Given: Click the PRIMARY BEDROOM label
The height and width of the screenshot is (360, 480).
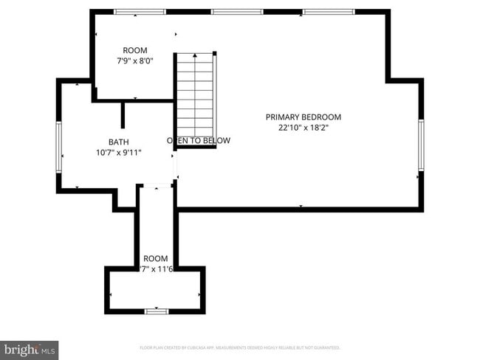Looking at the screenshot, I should click(304, 117).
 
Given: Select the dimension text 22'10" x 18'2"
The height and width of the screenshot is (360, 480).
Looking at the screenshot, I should click(304, 127).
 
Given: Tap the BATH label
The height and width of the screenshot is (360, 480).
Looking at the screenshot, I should click(118, 142).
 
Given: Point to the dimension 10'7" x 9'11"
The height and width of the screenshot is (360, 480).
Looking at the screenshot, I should click(118, 152).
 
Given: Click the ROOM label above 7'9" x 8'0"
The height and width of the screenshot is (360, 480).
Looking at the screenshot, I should click(135, 50).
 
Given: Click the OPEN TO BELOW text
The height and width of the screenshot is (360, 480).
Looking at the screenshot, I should click(199, 140).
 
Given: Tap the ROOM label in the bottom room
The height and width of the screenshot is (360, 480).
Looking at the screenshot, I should click(155, 258).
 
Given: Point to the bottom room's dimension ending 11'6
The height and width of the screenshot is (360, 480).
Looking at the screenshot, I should click(155, 269).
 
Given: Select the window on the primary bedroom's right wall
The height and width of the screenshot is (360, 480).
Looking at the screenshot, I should click(420, 145).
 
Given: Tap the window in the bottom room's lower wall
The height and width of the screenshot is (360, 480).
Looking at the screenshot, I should click(156, 311).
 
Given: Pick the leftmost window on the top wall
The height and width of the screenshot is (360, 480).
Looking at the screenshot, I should click(140, 12).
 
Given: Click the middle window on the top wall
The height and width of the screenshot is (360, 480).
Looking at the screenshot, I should click(237, 12).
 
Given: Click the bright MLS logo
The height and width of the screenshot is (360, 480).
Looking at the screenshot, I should click(30, 349).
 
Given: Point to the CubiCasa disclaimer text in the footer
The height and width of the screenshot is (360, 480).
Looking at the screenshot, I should click(239, 347).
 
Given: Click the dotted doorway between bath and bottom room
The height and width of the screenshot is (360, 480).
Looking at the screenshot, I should click(156, 185).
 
